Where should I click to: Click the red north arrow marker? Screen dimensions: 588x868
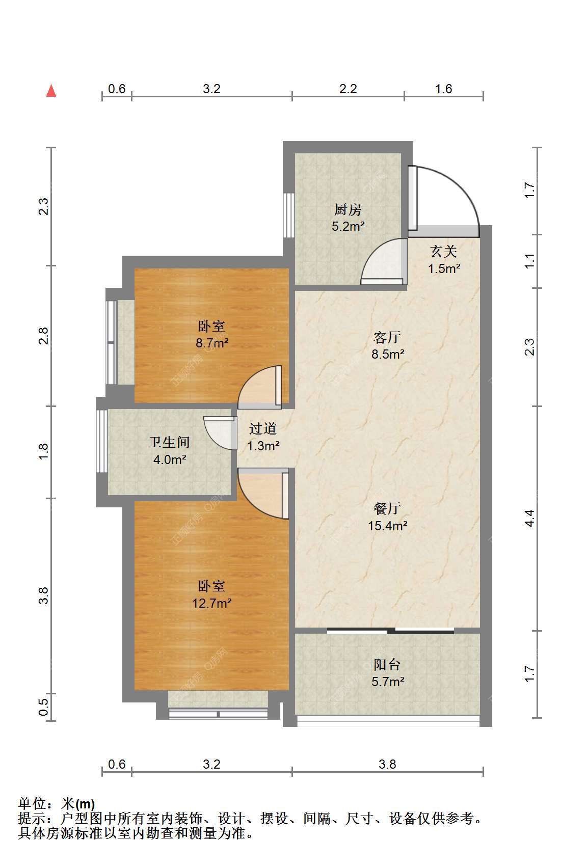51,91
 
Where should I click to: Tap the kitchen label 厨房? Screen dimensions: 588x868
348,210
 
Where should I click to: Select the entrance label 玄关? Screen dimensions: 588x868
444,252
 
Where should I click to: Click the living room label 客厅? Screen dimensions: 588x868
387,337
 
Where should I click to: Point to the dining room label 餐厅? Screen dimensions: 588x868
387,508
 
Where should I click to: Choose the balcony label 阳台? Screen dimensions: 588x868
387,665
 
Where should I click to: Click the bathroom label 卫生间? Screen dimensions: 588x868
169,442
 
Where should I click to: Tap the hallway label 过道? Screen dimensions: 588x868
263,428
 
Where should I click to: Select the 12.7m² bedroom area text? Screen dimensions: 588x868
212,603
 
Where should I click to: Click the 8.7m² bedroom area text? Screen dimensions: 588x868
212,343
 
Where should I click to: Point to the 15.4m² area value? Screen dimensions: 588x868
388,526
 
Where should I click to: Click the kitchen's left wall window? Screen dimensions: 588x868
288,215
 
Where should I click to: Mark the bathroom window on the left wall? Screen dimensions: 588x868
101,441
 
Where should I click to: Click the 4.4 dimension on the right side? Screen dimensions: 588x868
529,518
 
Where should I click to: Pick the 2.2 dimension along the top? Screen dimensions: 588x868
348,89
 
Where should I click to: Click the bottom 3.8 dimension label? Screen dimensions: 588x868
387,764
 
